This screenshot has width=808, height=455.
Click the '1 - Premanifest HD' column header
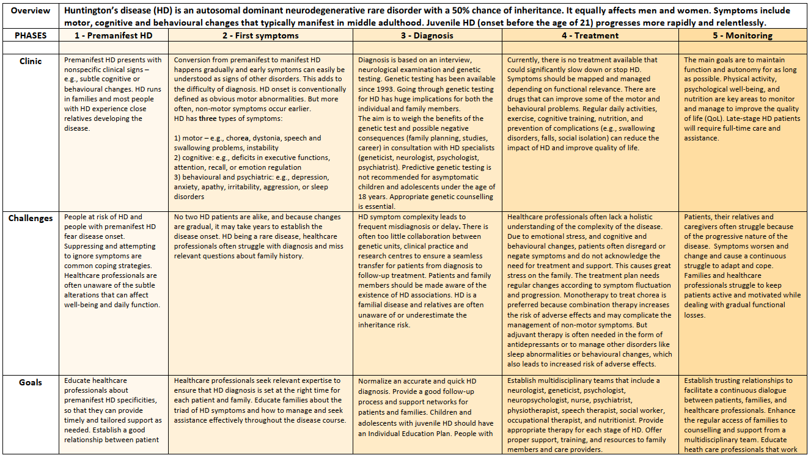[114, 35]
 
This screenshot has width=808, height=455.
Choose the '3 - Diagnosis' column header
[427, 35]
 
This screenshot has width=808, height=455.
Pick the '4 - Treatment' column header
[590, 35]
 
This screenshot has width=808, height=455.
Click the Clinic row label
[31, 60]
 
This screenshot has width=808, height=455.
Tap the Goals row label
[30, 382]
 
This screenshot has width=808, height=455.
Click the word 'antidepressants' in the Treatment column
[536, 344]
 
